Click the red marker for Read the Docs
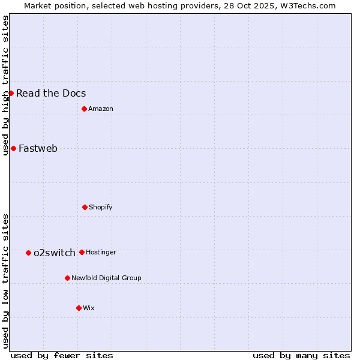(11, 93)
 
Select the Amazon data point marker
(84, 109)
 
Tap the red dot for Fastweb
(13, 148)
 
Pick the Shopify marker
(85, 207)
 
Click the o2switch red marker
(28, 253)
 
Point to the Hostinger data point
(82, 252)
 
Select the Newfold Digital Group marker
(67, 278)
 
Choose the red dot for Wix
(79, 308)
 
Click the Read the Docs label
(51, 93)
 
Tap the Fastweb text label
(38, 149)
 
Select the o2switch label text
(54, 253)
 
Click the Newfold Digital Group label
(106, 278)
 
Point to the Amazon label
(101, 109)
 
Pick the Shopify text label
(101, 208)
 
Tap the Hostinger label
(101, 253)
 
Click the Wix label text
(89, 308)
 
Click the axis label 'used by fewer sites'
(62, 355)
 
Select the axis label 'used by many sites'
(301, 355)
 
